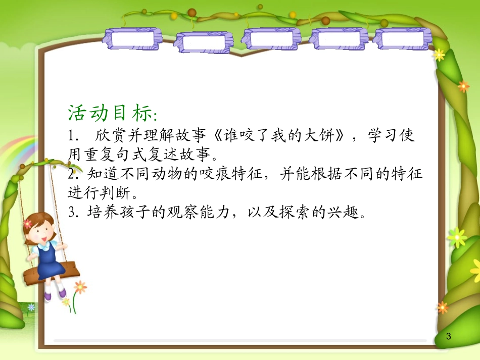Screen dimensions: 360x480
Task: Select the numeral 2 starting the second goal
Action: [x=71, y=175]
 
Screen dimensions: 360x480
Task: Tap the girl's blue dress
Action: [x=50, y=260]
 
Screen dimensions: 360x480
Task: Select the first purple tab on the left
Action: [x=131, y=39]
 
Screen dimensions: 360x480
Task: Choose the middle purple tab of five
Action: [x=271, y=38]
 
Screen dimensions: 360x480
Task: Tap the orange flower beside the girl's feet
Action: [x=80, y=287]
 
